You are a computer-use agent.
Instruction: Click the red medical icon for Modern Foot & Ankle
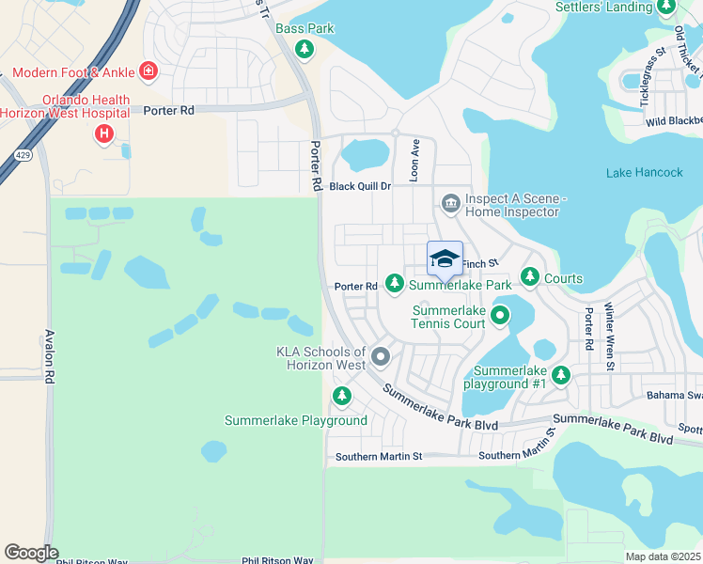pyautogui.click(x=147, y=70)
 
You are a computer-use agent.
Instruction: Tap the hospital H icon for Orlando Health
pyautogui.click(x=104, y=134)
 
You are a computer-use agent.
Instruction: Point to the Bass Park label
pyautogui.click(x=305, y=29)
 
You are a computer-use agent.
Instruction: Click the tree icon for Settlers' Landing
pyautogui.click(x=666, y=8)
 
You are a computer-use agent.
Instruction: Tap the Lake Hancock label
pyautogui.click(x=645, y=173)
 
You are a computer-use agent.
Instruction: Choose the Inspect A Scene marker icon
pyautogui.click(x=450, y=203)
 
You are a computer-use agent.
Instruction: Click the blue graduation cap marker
pyautogui.click(x=445, y=259)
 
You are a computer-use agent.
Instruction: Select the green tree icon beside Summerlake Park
pyautogui.click(x=395, y=283)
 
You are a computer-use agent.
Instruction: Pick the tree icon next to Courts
pyautogui.click(x=530, y=277)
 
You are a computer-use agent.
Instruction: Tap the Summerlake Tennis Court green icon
pyautogui.click(x=500, y=316)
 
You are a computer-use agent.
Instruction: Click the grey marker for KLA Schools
pyautogui.click(x=381, y=356)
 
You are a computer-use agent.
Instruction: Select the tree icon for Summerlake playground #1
pyautogui.click(x=561, y=375)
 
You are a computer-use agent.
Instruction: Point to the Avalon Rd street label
pyautogui.click(x=47, y=356)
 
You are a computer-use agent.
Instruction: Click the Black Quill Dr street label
pyautogui.click(x=360, y=186)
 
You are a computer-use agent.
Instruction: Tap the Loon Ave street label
pyautogui.click(x=414, y=158)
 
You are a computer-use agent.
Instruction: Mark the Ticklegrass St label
pyautogui.click(x=648, y=70)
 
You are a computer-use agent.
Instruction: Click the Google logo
pyautogui.click(x=31, y=553)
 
